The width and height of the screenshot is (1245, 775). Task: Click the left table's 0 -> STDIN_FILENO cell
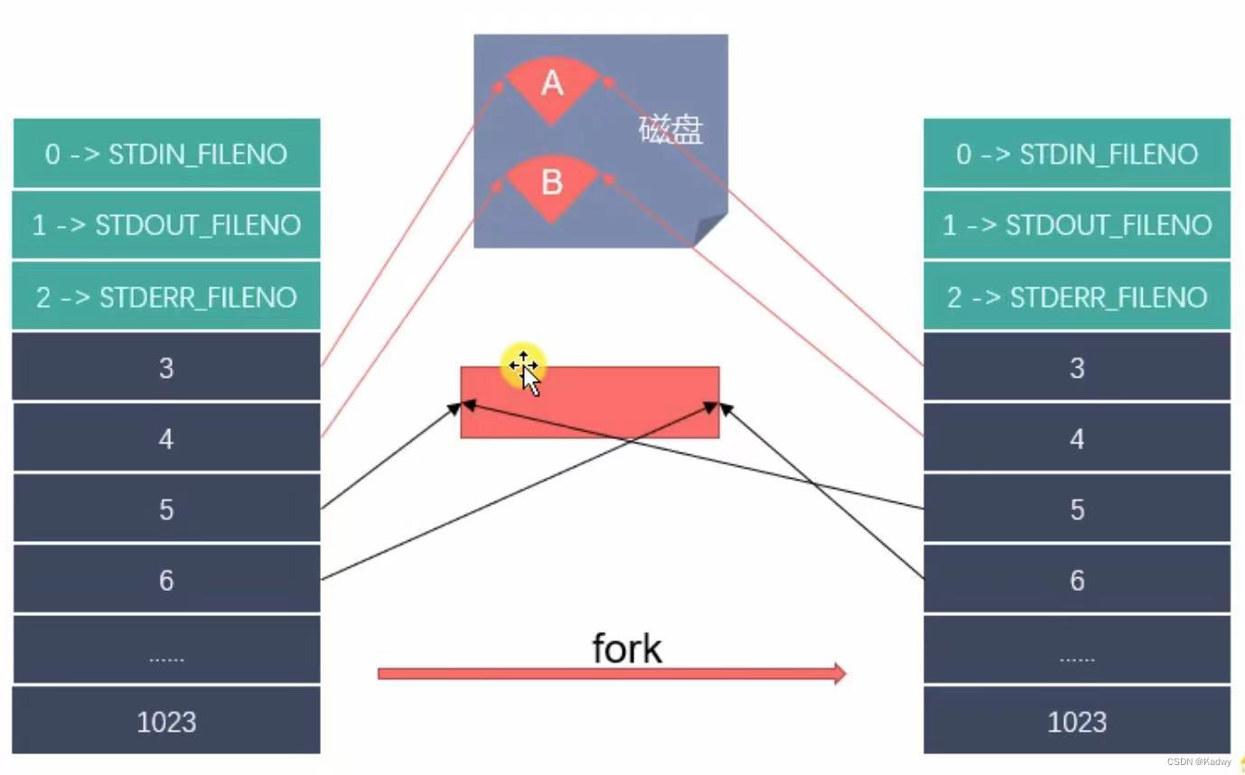point(166,154)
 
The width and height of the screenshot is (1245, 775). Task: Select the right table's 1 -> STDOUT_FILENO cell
point(1077,225)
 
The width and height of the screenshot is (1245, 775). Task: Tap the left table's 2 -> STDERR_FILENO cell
point(166,297)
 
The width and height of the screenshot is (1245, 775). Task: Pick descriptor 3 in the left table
point(166,368)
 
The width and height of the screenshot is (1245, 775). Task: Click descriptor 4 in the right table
point(1077,439)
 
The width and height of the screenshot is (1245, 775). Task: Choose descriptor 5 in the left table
point(166,509)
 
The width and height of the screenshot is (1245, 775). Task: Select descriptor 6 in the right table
point(1077,580)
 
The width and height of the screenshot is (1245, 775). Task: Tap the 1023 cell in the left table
point(166,722)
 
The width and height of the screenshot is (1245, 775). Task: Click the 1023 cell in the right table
point(1077,722)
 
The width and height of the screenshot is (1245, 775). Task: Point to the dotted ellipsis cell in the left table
point(166,651)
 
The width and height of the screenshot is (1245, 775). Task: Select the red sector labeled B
point(551,184)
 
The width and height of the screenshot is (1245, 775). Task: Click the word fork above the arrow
point(626,649)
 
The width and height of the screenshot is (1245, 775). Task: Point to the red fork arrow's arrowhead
point(839,673)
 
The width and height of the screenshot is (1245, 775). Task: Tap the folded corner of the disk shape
point(710,229)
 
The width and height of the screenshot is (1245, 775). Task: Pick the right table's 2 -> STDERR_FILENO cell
point(1077,297)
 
